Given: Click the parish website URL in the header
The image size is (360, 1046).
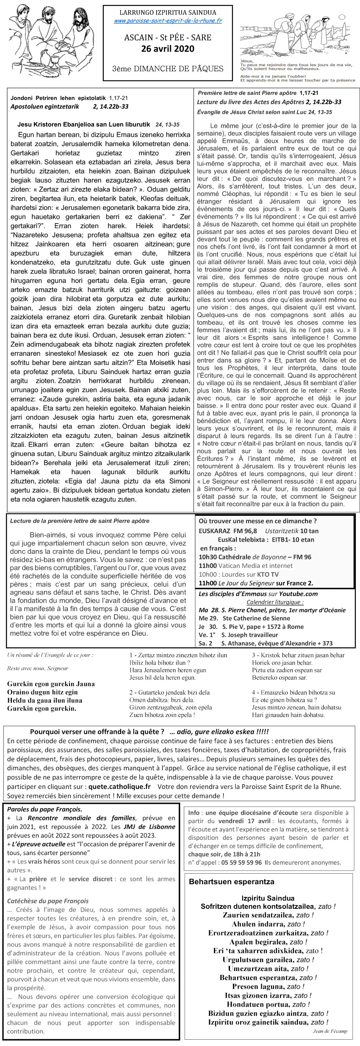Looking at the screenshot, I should click(x=168, y=21).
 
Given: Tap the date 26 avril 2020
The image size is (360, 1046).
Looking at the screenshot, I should click(x=168, y=49).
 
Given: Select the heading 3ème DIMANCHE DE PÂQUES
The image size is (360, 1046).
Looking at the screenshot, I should click(x=168, y=69).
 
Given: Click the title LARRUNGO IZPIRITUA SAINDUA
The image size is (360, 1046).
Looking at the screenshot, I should click(x=168, y=13).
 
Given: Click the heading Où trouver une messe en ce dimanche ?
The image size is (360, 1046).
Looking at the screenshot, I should click(x=258, y=521).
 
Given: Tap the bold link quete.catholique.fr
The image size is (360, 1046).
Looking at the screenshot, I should click(x=119, y=786).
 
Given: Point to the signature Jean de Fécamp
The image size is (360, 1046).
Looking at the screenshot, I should click(x=330, y=1031).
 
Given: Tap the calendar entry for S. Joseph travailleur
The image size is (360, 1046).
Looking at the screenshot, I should click(x=249, y=634).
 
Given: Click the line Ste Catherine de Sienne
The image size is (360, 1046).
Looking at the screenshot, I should click(x=256, y=618).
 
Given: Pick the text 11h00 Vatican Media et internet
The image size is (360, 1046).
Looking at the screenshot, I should click(x=246, y=565).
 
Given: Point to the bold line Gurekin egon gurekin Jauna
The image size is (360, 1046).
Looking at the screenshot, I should click(x=51, y=684).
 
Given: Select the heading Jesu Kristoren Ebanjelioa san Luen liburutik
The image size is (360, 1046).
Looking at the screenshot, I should click(x=84, y=125).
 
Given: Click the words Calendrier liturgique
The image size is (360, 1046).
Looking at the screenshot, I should click(x=275, y=602).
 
